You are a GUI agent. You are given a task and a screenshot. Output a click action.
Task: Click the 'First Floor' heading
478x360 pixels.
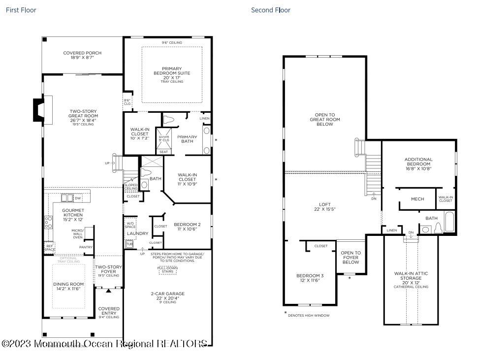point(21,10)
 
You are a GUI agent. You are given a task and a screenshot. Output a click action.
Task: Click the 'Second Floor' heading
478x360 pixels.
point(271,10)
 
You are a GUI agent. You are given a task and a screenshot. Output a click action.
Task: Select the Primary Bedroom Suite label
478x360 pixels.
point(172,73)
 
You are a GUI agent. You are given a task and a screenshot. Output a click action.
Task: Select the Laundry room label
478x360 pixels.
point(137,233)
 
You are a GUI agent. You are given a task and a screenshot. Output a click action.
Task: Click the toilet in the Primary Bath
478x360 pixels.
point(168,119)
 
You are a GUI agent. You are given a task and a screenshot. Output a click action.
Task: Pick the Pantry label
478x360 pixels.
point(86,247)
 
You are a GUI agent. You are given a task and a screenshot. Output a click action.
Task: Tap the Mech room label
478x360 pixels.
point(417,199)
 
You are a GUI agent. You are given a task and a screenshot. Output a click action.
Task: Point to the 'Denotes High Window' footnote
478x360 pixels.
point(308,315)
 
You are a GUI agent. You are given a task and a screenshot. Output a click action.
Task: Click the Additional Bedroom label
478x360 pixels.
point(418,162)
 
